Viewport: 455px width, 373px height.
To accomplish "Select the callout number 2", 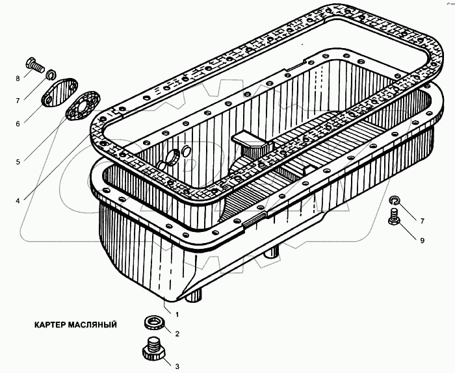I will coord(176,333).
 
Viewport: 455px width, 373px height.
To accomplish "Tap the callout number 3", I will coord(176,366).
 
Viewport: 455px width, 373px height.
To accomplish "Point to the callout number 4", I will coord(18,201).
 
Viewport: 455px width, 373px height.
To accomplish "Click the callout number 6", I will coord(18,123).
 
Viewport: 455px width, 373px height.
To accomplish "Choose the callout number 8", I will coord(18,79).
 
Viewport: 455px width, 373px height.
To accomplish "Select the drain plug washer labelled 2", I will coord(153,322).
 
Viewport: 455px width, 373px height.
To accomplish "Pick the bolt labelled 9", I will coord(393,219).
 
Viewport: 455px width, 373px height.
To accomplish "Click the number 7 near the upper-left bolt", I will coord(18,99).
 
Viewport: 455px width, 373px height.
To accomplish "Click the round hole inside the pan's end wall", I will coord(174,157).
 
